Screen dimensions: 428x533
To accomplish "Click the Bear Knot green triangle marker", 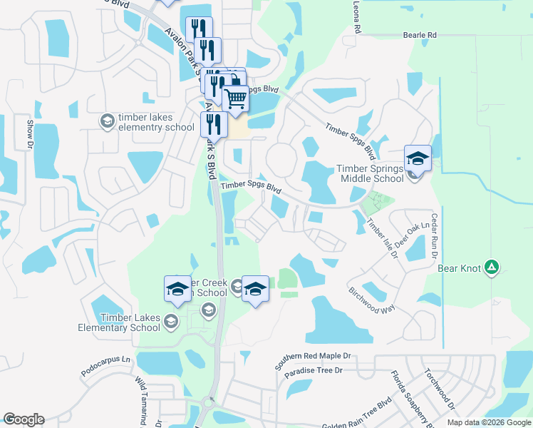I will pyautogui.click(x=491, y=267).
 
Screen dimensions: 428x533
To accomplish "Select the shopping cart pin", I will pyautogui.click(x=235, y=97).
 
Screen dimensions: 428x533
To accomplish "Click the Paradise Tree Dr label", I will pyautogui.click(x=314, y=371).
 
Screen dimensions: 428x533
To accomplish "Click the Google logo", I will pyautogui.click(x=24, y=419).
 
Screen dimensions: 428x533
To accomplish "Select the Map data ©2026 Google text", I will pyautogui.click(x=489, y=422).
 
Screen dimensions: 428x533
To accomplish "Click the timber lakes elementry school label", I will pyautogui.click(x=155, y=123).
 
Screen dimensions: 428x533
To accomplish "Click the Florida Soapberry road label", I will pyautogui.click(x=410, y=399).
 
